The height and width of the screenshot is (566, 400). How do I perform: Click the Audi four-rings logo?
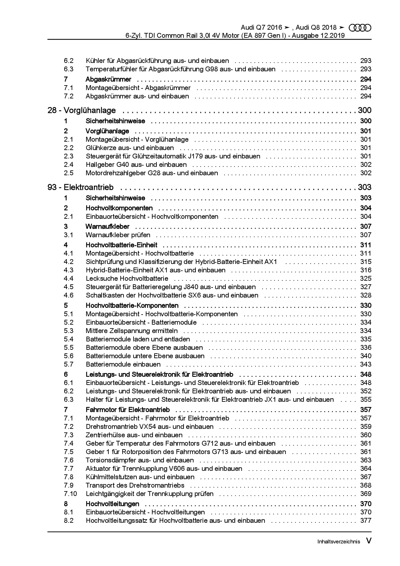(360, 28)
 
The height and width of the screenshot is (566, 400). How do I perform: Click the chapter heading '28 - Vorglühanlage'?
(82, 110)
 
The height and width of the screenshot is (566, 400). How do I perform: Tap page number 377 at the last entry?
(366, 521)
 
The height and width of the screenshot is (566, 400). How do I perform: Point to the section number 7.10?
(70, 494)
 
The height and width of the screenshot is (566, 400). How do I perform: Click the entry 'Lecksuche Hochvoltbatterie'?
(127, 278)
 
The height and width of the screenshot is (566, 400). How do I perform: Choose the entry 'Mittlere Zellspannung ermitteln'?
(132, 331)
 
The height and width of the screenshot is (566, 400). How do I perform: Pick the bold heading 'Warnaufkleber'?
(107, 227)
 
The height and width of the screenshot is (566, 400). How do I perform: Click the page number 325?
(366, 278)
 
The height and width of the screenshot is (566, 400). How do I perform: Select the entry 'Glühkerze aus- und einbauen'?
(130, 148)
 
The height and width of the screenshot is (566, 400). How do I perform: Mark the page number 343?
(366, 364)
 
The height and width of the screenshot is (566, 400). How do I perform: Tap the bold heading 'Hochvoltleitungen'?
(112, 504)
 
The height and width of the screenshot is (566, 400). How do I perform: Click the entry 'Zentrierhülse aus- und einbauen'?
(134, 435)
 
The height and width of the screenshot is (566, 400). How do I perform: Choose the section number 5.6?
(69, 356)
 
